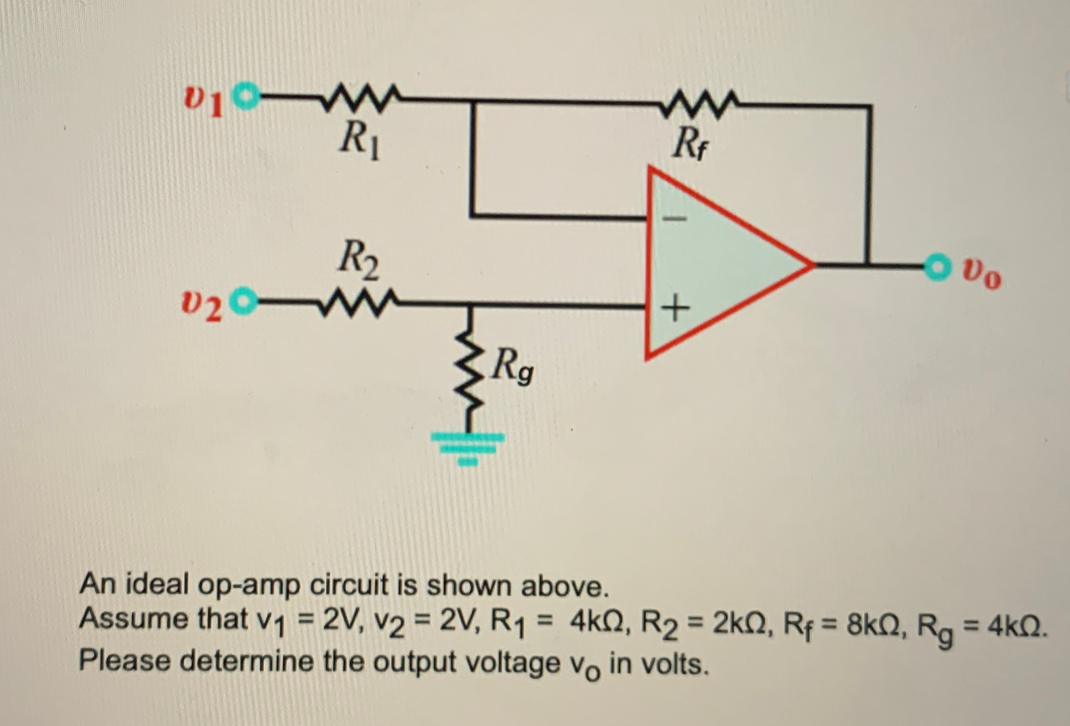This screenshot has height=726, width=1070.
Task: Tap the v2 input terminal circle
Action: [245, 301]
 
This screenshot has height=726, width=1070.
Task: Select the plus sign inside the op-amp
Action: [675, 308]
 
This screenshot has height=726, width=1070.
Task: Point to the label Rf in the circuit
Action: [690, 144]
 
